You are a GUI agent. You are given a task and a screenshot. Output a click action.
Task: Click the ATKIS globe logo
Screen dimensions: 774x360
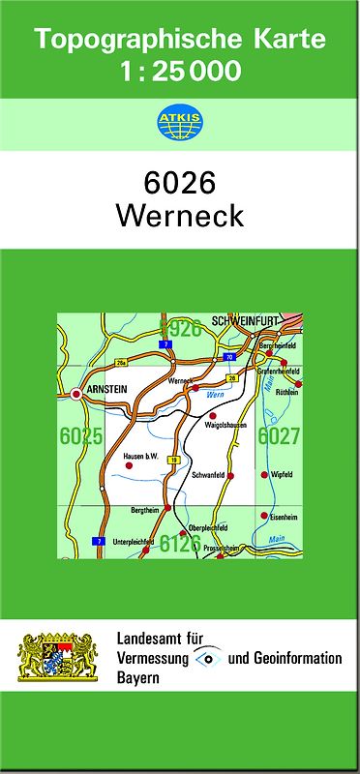click(180, 123)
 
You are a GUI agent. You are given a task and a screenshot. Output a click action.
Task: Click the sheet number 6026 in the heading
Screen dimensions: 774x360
click(180, 183)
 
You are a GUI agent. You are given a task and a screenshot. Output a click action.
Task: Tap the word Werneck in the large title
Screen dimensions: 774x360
click(180, 216)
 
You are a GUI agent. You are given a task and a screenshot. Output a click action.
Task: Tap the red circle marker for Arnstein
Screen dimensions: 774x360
click(75, 394)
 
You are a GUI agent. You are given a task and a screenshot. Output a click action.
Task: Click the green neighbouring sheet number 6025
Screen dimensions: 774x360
click(80, 436)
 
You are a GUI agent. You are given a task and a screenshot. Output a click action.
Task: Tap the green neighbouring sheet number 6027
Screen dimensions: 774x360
click(279, 436)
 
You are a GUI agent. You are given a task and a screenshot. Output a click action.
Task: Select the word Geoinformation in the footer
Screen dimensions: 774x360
click(295, 659)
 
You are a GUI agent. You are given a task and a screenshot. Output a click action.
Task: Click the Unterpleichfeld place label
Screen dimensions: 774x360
click(133, 541)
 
